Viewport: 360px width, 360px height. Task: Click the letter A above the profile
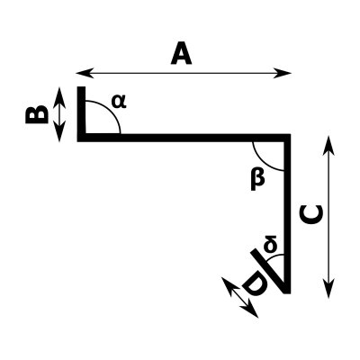[x=181, y=55]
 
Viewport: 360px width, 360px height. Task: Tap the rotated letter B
[x=37, y=114]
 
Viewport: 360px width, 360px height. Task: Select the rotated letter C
[x=311, y=214]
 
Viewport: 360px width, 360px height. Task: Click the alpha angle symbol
[x=119, y=101]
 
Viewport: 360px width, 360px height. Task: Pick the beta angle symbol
[x=257, y=178]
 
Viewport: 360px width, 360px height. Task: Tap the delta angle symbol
[x=270, y=244]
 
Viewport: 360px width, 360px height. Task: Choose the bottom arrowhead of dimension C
[x=328, y=289]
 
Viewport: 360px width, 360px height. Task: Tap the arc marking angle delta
[x=274, y=258]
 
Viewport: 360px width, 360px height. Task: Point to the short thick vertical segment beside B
[x=81, y=113]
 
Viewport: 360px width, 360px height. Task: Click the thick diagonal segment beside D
[x=268, y=270]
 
